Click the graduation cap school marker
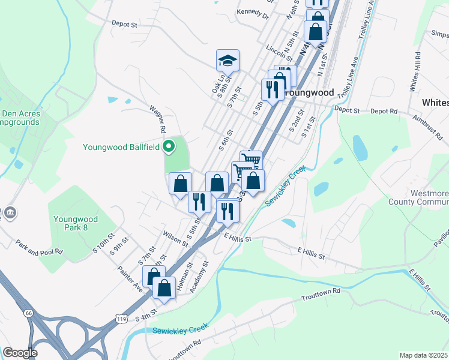pyautogui.click(x=228, y=61)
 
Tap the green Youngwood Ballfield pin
pyautogui.click(x=169, y=146)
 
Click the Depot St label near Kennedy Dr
pyautogui.click(x=125, y=24)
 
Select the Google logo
pyautogui.click(x=20, y=353)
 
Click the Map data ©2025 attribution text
pyautogui.click(x=424, y=355)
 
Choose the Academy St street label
pyautogui.click(x=199, y=276)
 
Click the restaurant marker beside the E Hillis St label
pyautogui.click(x=227, y=211)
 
